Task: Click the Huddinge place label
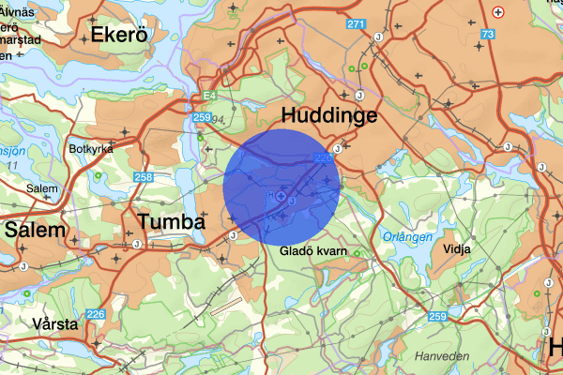pos(330,116)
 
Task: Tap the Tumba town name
pos(171,222)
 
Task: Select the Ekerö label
pos(119,36)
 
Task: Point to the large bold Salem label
pos(36,230)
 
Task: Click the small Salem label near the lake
pos(42,188)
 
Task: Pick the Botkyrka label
pos(91,149)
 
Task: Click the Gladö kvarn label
pos(313,251)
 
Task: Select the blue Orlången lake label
pos(408,237)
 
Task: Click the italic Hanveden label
pos(440,356)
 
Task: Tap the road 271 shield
pos(355,23)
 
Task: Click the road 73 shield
pos(487,35)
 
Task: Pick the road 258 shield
pos(144,176)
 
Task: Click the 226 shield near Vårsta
pos(96,314)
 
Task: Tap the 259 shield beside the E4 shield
pos(201,117)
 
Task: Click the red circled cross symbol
pos(498,11)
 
